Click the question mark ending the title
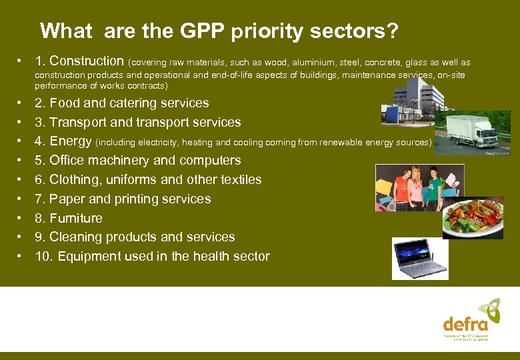[x=393, y=31]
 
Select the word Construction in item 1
[x=87, y=61]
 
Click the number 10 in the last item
[x=42, y=257]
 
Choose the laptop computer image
[x=421, y=259]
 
